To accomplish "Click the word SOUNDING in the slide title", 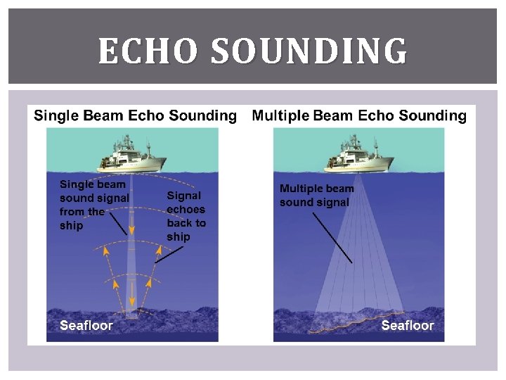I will [x=309, y=51].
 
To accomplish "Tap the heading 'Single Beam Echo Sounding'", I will [x=136, y=115].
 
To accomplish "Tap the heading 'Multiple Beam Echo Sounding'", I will [x=359, y=115].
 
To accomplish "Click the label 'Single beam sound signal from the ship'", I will [x=93, y=205].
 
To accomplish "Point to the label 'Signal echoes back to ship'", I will [x=186, y=216].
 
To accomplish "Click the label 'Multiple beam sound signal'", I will [x=316, y=196].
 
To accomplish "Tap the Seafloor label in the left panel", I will [x=86, y=325].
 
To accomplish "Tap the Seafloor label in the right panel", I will [x=408, y=325].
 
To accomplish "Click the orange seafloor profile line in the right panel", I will [x=358, y=321].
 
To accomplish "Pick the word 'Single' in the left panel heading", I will [x=56, y=115].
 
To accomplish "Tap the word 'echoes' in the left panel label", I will [x=186, y=209].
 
